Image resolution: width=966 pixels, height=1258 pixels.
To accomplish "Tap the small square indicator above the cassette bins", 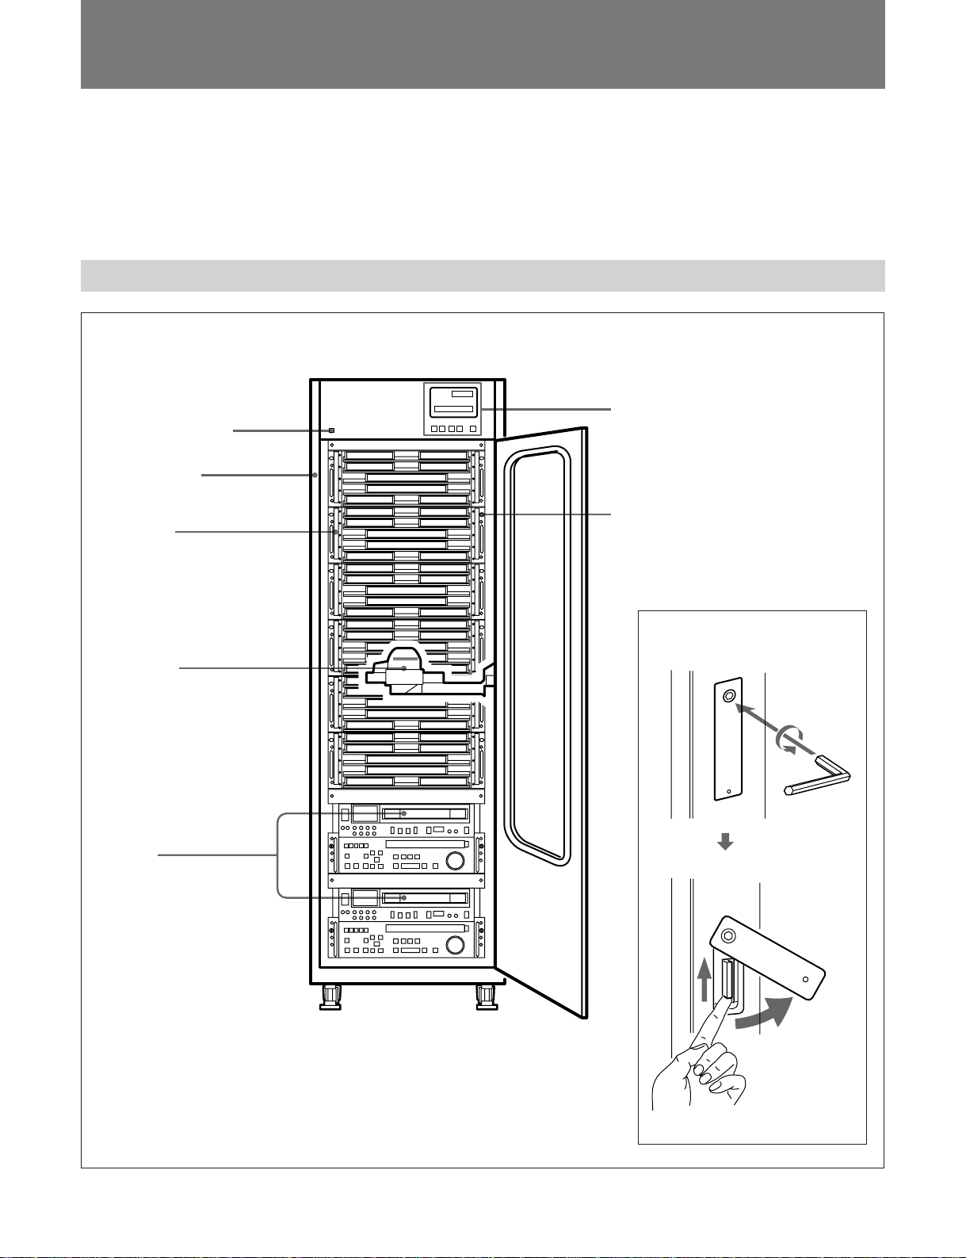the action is point(331,430).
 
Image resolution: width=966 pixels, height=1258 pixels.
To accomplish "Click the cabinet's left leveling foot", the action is point(329,997).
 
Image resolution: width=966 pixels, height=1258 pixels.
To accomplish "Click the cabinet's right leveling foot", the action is point(486,997).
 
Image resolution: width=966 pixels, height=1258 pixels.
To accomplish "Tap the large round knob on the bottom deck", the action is point(455,946).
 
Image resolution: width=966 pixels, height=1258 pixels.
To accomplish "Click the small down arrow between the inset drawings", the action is point(724,844).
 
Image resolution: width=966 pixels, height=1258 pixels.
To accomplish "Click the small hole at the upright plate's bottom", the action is point(728,790).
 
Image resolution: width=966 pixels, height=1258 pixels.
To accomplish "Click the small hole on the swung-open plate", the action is point(805,980).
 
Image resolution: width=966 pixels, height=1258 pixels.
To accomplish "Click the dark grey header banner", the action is point(483,44).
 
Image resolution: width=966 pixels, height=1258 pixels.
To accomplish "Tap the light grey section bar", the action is point(483,275).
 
